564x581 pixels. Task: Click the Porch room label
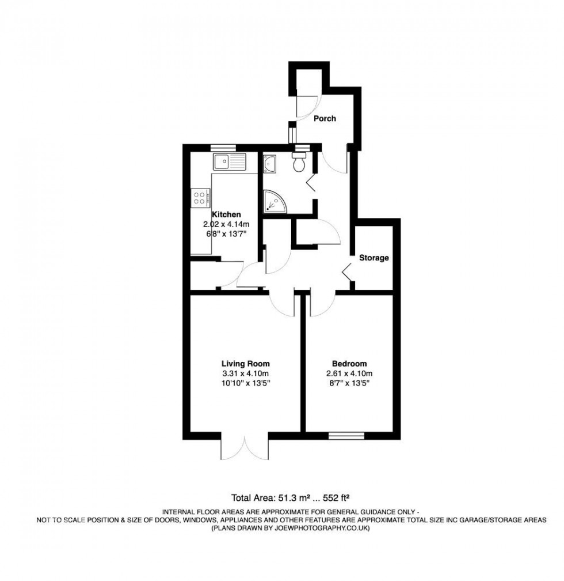325,119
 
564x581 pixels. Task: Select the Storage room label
374,258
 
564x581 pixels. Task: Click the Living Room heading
246,364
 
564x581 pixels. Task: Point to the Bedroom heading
349,364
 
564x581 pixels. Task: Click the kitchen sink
229,161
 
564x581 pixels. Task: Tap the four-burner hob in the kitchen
200,198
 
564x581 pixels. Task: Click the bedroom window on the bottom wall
346,435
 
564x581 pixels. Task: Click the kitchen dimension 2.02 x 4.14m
226,224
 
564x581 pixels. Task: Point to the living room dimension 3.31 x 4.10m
246,373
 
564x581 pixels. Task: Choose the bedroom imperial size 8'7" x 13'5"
349,382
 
